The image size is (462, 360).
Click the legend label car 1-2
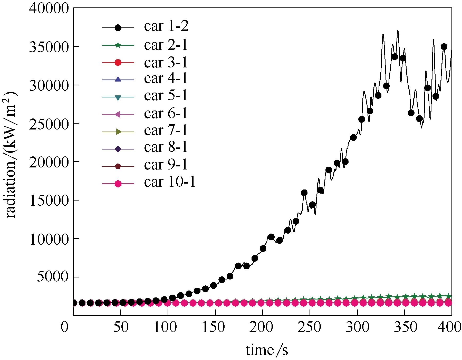[166, 26]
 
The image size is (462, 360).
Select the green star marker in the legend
[118, 45]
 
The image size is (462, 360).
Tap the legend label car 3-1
[166, 62]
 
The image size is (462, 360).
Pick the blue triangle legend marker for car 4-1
[118, 79]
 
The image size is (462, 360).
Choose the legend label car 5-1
[166, 96]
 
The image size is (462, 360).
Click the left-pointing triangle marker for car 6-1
[118, 114]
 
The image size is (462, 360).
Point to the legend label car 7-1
[166, 131]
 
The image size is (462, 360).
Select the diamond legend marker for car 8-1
[118, 149]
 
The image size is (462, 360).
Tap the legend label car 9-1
[166, 165]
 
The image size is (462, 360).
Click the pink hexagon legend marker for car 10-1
[118, 184]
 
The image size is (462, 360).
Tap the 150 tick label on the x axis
[214, 327]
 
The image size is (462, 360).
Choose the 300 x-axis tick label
[357, 327]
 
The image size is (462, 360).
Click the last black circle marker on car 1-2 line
[444, 47]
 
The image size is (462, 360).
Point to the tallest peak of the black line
[398, 31]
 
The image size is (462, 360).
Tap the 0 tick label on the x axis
[65, 327]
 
